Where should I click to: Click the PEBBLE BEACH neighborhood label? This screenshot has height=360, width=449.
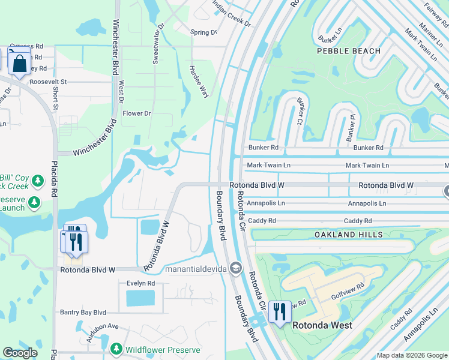click(349, 51)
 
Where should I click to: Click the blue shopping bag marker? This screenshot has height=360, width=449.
click(19, 64)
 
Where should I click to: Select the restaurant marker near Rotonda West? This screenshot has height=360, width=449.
click(280, 311)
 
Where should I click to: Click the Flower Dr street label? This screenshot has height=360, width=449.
click(137, 113)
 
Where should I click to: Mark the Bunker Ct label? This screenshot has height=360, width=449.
click(299, 112)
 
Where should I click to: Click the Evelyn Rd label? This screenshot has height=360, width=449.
click(140, 283)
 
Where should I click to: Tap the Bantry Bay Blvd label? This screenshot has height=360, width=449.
click(83, 313)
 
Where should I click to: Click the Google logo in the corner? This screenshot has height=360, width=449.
click(20, 353)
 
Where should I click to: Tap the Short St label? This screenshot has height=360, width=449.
click(55, 99)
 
